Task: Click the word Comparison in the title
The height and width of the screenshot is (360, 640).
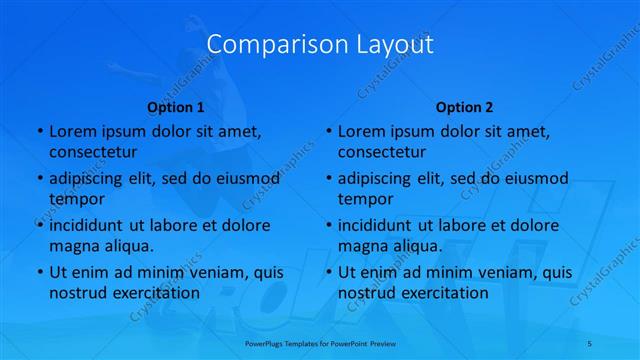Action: pos(264,45)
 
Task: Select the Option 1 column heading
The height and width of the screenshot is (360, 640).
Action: pos(175,107)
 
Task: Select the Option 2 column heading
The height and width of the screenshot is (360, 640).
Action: pos(464,107)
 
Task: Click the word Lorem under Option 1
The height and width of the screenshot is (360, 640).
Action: pos(72,132)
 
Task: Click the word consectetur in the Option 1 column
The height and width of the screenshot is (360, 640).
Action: pos(92,152)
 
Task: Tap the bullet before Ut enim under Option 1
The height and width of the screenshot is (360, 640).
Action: pos(39,273)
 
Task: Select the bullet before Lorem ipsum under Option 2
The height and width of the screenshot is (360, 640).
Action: pos(328,132)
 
